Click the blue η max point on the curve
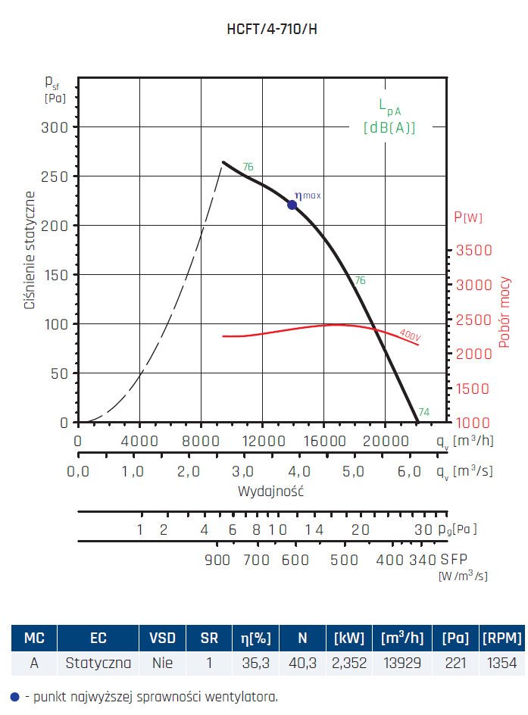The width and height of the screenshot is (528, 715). point(292,205)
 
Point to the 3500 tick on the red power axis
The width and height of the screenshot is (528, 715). point(473,251)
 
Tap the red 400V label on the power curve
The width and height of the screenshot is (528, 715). point(410,334)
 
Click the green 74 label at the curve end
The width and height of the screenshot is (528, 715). point(424,412)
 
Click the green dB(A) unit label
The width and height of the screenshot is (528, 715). point(389,128)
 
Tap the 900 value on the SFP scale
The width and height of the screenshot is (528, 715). point(217,560)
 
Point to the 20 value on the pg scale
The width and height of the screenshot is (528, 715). point(360,529)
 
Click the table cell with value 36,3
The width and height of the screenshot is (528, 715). point(258,663)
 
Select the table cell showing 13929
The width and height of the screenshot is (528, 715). point(402,663)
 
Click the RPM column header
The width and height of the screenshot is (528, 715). point(501,638)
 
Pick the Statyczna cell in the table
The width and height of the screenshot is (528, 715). point(98,663)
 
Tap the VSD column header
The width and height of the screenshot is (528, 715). point(162,638)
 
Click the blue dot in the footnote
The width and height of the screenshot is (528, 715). point(14,696)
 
